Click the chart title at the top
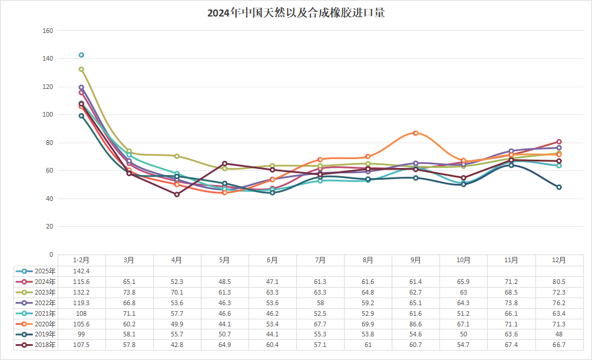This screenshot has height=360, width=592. [x=296, y=12]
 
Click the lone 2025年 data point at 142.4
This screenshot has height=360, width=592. [x=81, y=55]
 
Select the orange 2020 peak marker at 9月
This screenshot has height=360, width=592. [x=415, y=133]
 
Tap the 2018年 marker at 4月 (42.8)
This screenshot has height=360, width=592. [x=177, y=194]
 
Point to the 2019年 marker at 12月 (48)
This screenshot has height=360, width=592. [x=559, y=187]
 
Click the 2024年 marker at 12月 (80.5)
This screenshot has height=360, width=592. [x=559, y=142]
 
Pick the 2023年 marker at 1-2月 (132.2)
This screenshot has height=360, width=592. [x=81, y=69]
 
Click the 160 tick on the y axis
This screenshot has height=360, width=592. [x=48, y=31]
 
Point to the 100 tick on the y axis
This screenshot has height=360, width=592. [x=48, y=115]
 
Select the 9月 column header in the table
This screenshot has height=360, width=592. [x=415, y=260]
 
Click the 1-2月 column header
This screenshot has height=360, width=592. [x=81, y=260]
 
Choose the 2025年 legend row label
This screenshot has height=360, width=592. [x=45, y=271]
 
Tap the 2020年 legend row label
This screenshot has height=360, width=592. [x=45, y=323]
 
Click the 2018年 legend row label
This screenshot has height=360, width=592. [x=45, y=345]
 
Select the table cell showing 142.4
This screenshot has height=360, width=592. [x=81, y=271]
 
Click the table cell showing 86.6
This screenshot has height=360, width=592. [x=415, y=323]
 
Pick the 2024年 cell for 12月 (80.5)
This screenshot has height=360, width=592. [x=559, y=282]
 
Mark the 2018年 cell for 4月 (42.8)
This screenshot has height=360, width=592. [x=177, y=345]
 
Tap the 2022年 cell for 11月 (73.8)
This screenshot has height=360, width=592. [x=511, y=303]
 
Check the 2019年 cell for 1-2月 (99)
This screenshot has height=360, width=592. [x=81, y=334]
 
